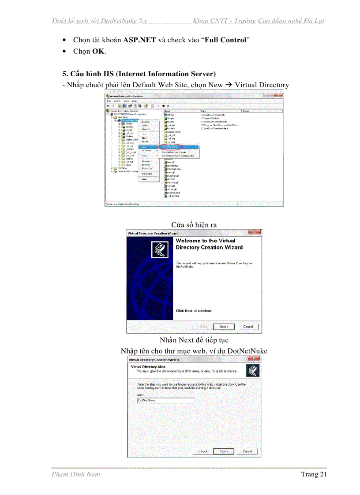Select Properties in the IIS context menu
pos(147,174)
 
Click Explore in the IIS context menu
pos(146,122)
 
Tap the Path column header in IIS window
pos(203,111)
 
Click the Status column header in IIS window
pos(246,111)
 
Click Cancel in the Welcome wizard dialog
pos(248,327)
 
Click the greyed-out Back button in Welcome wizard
pos(202,327)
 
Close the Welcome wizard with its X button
pos(254,232)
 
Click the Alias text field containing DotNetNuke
pos(165,400)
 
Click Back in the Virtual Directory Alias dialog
pos(202,451)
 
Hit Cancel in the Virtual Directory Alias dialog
pos(247,451)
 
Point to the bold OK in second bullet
pos(98,52)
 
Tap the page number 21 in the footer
pos(322,474)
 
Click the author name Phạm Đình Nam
pos(76,474)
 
